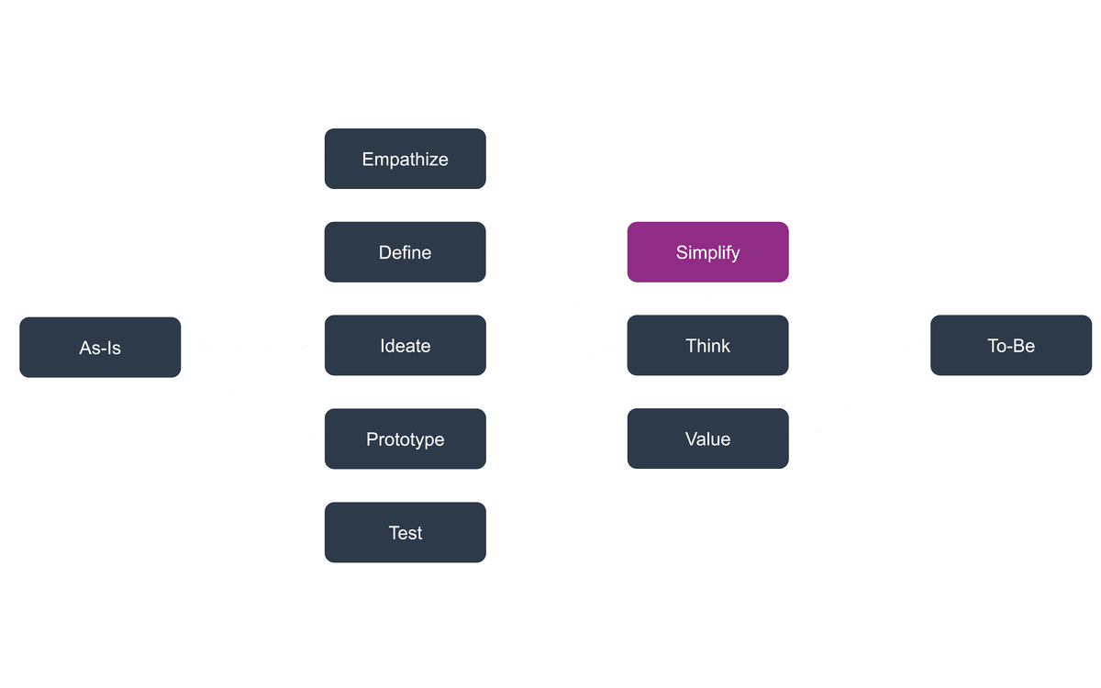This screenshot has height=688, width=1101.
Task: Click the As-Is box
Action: click(100, 348)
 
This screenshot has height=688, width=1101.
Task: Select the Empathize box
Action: click(405, 159)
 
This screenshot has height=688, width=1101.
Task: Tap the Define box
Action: click(405, 252)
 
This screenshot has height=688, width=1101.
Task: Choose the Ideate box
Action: click(405, 346)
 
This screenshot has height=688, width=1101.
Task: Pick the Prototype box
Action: click(405, 439)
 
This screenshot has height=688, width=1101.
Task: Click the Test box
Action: click(405, 533)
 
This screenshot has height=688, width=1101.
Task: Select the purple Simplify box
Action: click(707, 252)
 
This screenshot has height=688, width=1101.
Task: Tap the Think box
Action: click(707, 346)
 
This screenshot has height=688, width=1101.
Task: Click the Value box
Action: click(707, 439)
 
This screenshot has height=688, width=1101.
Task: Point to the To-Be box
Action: click(1011, 346)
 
